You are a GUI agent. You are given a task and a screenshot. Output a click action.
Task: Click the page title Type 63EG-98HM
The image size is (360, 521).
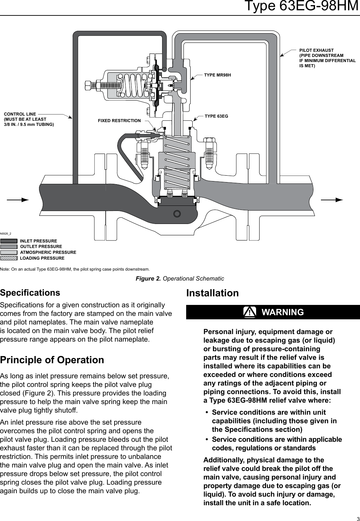click(x=301, y=6)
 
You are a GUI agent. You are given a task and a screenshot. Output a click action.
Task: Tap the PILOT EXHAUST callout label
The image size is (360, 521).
click(x=327, y=58)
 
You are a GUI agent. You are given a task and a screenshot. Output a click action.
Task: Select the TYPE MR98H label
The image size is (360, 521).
click(x=217, y=75)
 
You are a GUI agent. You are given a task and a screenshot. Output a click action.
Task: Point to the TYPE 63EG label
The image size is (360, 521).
click(x=216, y=116)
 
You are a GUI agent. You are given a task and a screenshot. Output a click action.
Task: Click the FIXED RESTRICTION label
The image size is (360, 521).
click(x=119, y=121)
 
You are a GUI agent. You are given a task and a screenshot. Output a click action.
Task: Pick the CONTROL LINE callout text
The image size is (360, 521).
click(x=29, y=119)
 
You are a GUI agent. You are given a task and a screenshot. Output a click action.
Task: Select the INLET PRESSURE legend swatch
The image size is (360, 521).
click(x=9, y=241)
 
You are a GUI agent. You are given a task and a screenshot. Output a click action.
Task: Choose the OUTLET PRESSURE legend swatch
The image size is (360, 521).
click(x=9, y=247)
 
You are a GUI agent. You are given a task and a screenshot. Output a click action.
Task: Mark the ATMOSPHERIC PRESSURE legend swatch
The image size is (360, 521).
click(x=9, y=252)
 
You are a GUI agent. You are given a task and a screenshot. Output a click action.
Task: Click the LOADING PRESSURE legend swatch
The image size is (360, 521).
click(x=9, y=258)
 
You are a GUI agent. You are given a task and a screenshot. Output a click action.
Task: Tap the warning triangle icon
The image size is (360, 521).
click(x=250, y=312)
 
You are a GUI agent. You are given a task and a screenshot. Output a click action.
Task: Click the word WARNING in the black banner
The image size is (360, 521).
click(x=283, y=312)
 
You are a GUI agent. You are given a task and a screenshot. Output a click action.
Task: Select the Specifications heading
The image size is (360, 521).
click(x=30, y=293)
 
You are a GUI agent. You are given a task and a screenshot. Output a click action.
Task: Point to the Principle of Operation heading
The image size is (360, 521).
click(x=52, y=360)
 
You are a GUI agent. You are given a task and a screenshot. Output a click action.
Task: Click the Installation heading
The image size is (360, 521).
click(x=213, y=293)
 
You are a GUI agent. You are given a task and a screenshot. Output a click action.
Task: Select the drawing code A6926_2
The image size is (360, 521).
click(x=6, y=234)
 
